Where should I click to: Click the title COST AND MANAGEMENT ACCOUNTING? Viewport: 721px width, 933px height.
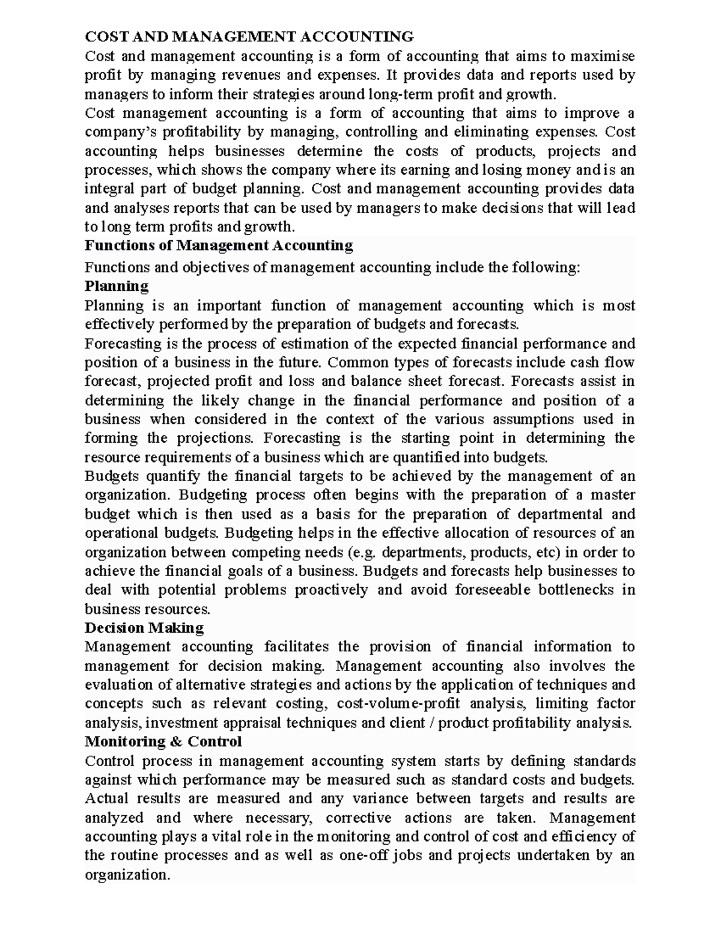[x=249, y=37]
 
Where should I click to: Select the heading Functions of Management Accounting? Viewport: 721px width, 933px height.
[x=219, y=245]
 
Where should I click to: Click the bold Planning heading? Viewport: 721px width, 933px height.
[x=117, y=285]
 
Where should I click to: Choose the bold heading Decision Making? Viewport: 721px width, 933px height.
[x=144, y=628]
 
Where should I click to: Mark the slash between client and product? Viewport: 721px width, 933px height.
[x=433, y=723]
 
